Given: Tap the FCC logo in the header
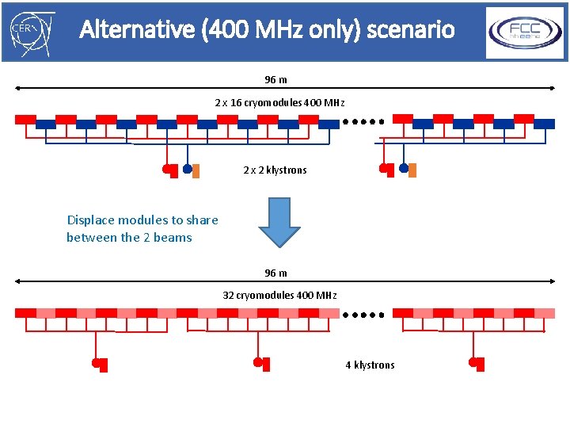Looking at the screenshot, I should (525, 32).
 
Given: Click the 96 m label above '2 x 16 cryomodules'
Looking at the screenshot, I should (275, 80).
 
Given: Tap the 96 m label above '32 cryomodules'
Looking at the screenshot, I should (275, 273).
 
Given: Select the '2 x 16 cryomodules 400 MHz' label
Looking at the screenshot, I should (279, 103).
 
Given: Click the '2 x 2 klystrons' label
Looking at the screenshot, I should (275, 170).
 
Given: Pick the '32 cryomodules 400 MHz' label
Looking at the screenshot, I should (279, 296).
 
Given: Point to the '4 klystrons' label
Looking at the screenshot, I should (370, 365).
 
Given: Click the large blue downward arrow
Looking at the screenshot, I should (279, 223).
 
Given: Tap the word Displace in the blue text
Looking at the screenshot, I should (91, 220).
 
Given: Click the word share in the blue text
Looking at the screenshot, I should (202, 220).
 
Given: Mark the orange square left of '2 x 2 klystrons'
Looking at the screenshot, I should (196, 170).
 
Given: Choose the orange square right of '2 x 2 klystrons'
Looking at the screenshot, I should (412, 170).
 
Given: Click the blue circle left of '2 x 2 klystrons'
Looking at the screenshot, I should (187, 168).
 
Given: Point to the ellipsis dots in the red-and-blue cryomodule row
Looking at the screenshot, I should (363, 122).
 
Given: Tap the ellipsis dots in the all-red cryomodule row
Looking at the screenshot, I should (363, 314).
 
